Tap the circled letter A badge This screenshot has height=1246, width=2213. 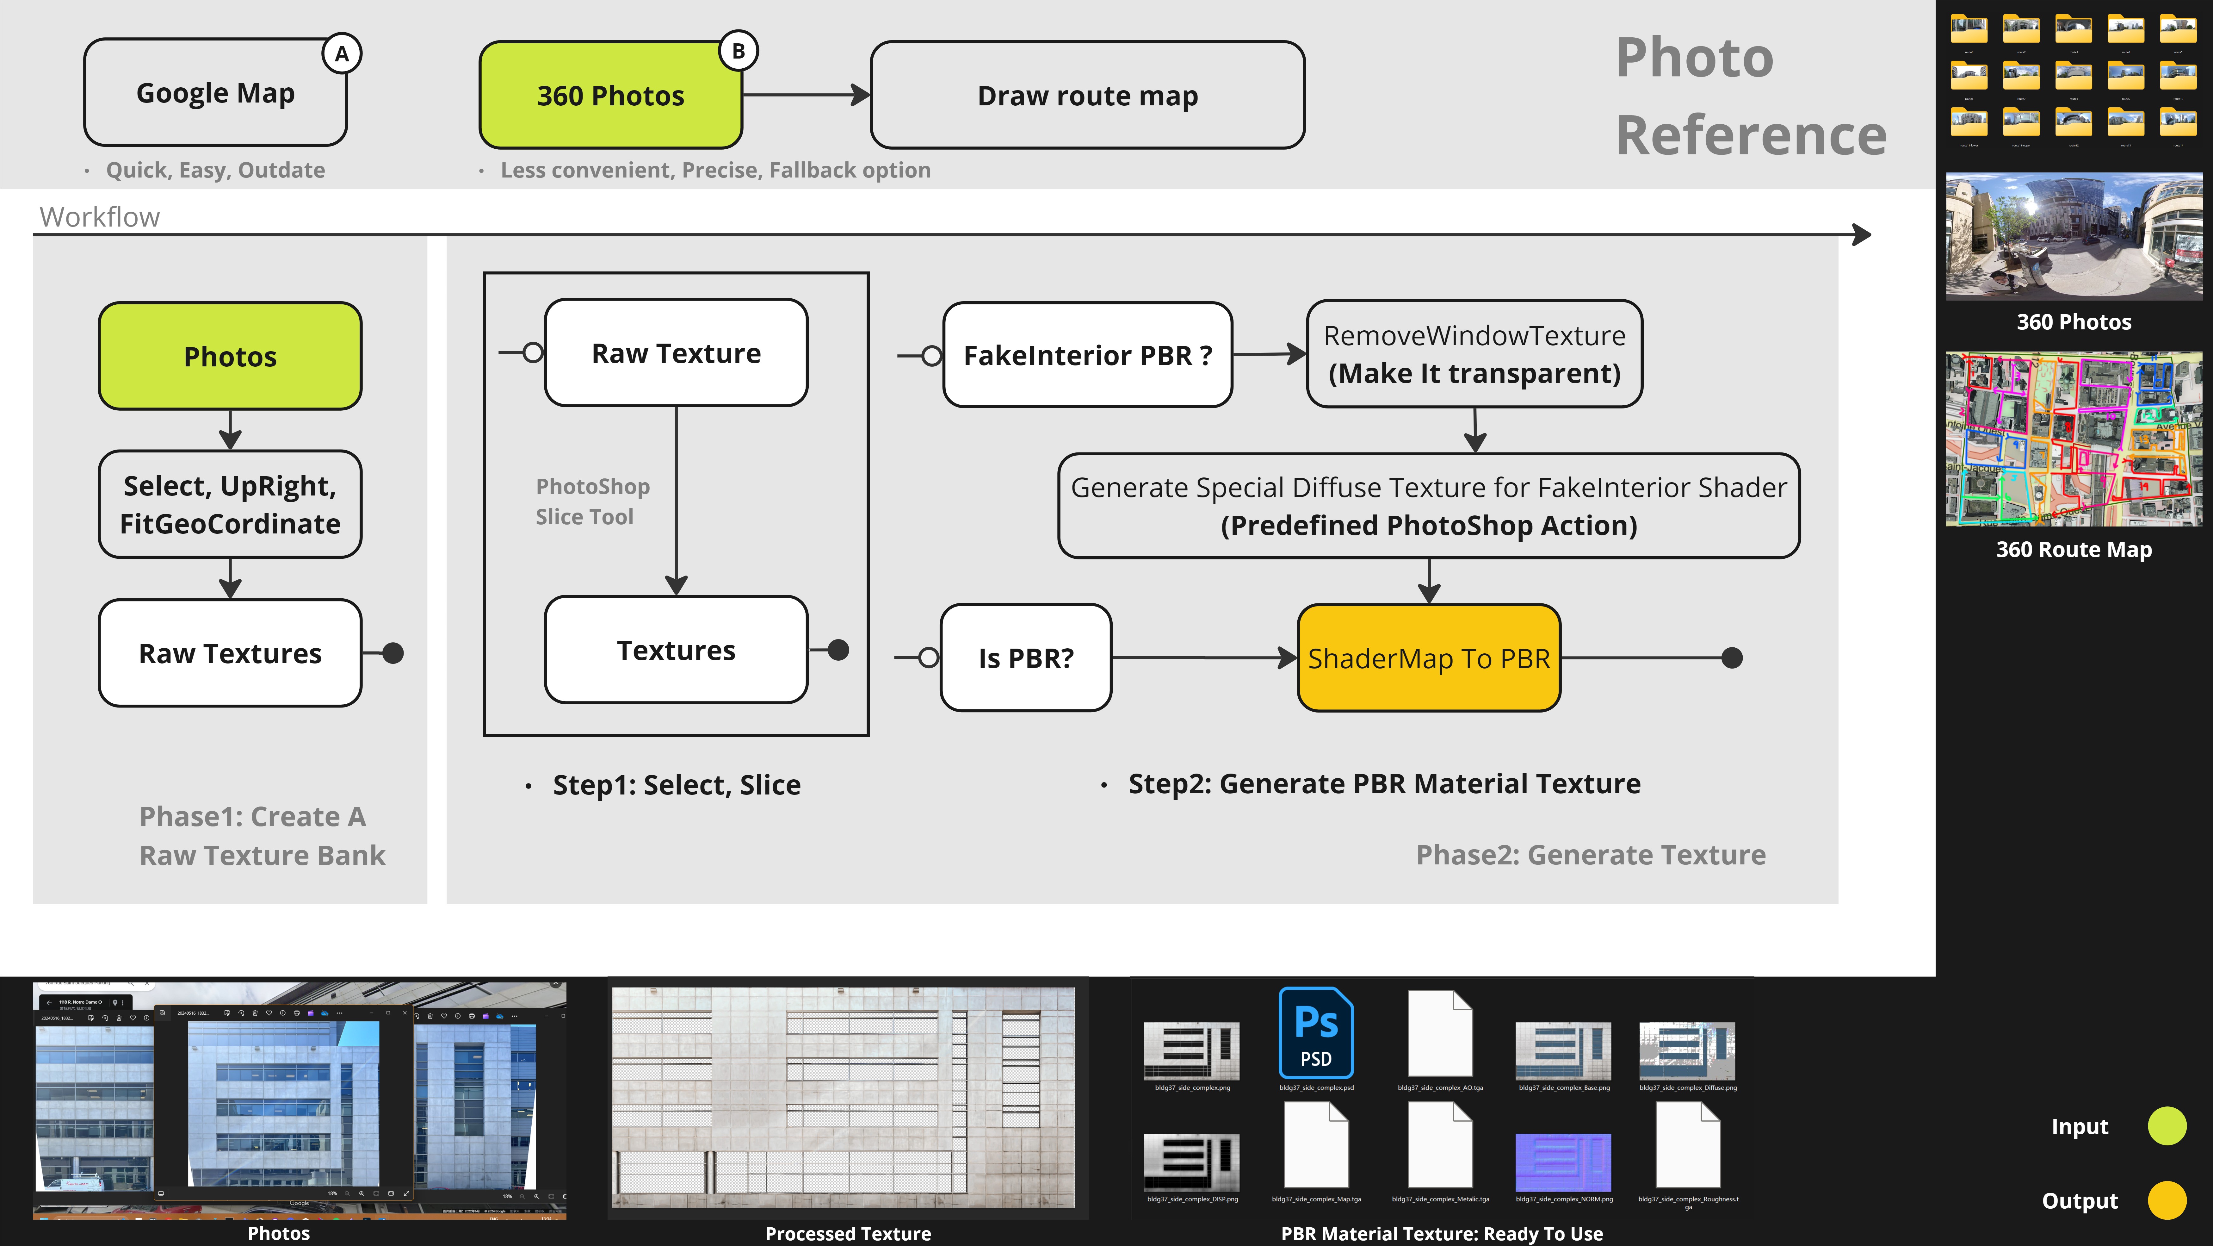pos(342,54)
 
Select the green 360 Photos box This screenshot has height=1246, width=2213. pos(610,95)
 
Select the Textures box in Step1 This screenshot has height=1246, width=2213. pos(676,651)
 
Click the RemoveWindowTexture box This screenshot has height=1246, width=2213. pos(1474,354)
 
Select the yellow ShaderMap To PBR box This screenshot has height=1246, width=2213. pos(1429,658)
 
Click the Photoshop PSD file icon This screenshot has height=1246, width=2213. pos(1315,1034)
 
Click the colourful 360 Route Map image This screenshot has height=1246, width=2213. pos(2074,439)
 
